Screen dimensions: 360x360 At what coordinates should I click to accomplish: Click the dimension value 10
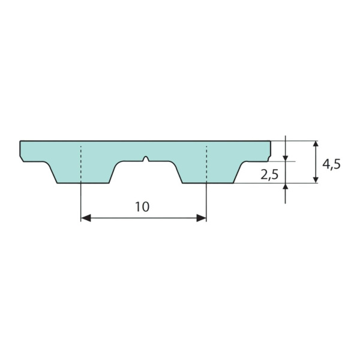(142, 207)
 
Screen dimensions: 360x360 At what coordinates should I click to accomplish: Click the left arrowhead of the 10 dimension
(85, 218)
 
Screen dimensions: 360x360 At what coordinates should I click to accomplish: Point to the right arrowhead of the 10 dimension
(202, 218)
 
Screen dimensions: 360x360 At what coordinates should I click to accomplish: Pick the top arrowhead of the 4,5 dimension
(316, 145)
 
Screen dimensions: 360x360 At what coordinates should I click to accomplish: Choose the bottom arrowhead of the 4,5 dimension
(316, 179)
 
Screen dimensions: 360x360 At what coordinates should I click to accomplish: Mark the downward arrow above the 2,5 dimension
(286, 157)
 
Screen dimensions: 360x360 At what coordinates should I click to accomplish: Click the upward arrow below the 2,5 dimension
(286, 187)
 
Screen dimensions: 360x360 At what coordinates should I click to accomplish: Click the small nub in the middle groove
(146, 159)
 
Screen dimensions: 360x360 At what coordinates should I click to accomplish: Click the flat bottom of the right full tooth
(207, 183)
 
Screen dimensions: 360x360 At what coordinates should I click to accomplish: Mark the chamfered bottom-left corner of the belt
(22, 158)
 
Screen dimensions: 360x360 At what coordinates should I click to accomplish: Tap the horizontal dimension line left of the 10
(111, 218)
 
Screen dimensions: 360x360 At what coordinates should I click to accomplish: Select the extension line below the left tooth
(80, 201)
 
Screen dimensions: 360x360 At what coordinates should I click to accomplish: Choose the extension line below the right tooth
(206, 201)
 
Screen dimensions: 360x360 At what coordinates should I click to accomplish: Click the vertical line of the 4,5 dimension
(316, 162)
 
